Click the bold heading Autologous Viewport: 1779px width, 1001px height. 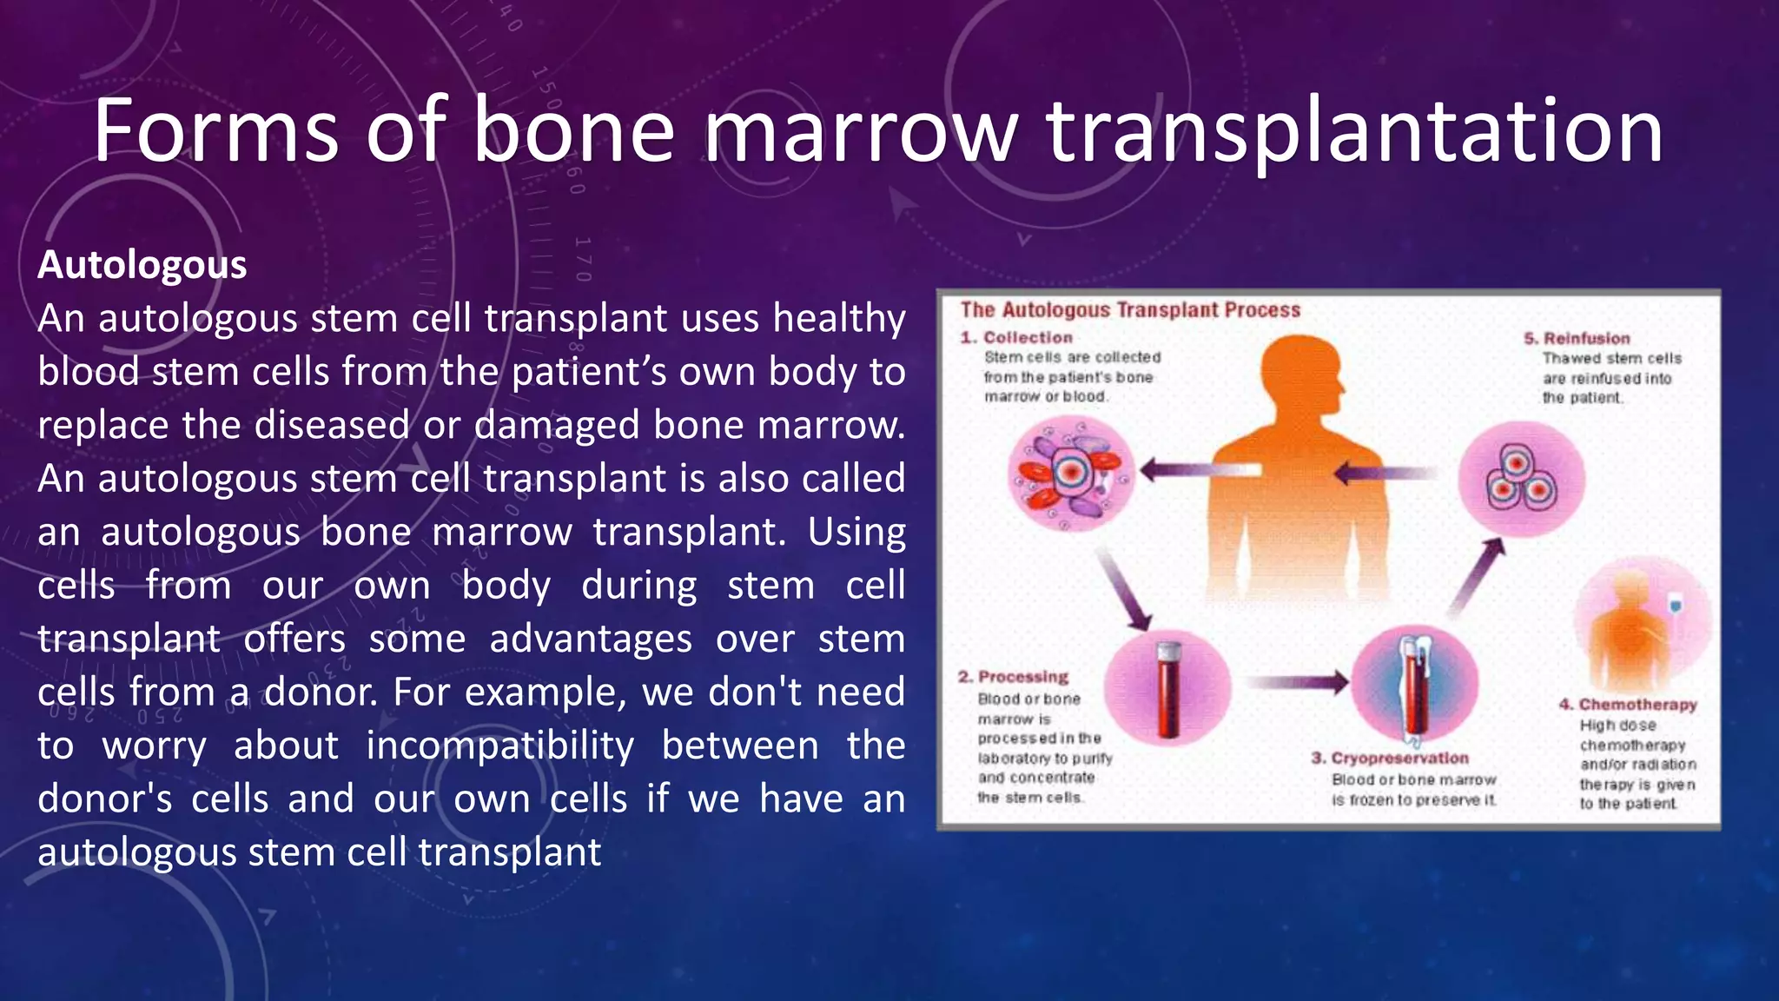pos(142,265)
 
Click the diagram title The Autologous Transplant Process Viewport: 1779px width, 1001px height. pos(1130,310)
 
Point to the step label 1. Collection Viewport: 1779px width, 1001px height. pos(1017,337)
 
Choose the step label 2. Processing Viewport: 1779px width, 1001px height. pos(1014,677)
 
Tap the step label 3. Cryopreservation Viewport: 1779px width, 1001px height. pos(1390,758)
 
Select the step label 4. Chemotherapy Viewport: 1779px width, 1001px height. pos(1628,704)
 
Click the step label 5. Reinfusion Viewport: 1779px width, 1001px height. pos(1577,338)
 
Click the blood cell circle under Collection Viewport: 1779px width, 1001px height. pos(1071,474)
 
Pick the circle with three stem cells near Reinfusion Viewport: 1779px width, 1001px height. pos(1521,479)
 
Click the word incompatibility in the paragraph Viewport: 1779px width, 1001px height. pos(499,746)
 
